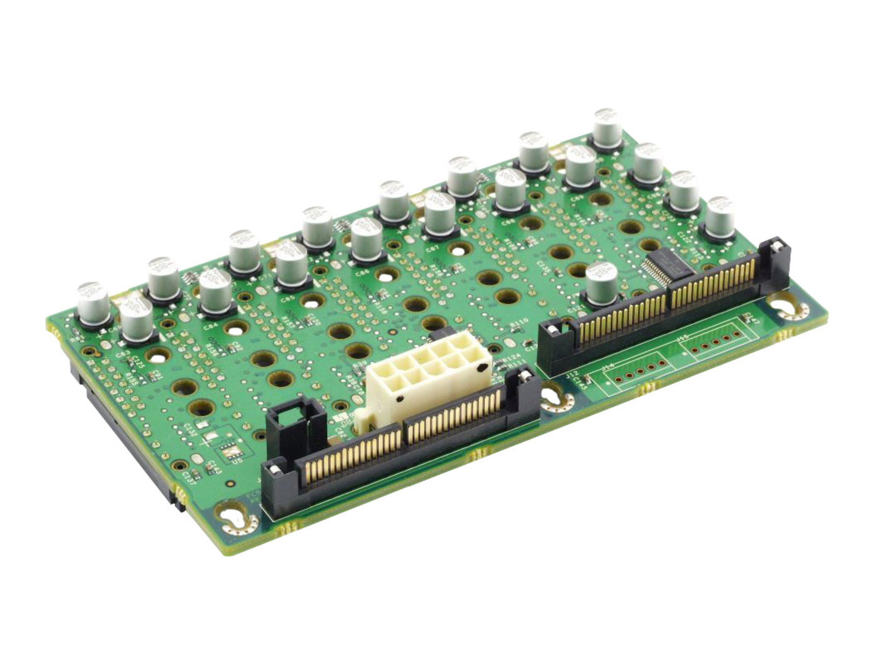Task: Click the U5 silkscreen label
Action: pyautogui.click(x=238, y=461)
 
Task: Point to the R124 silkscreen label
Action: pyautogui.click(x=511, y=359)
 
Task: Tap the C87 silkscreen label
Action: pyautogui.click(x=433, y=249)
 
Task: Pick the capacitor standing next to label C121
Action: pyautogui.click(x=601, y=285)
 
